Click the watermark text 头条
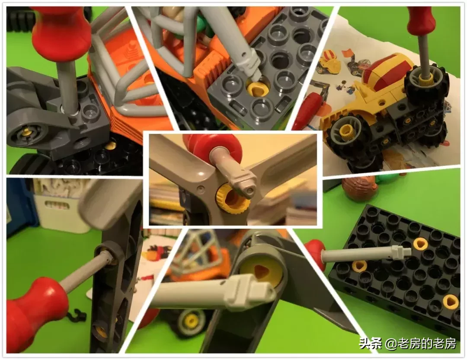[370, 343]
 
